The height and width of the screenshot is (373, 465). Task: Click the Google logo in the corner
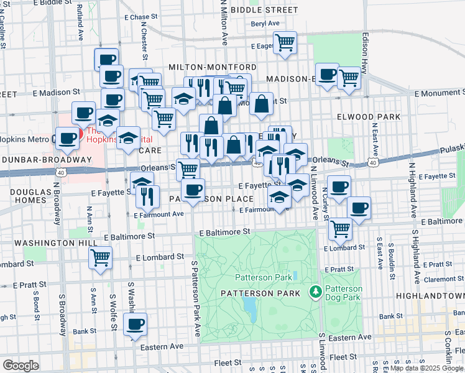point(21,366)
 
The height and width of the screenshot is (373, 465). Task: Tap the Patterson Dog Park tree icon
point(316,291)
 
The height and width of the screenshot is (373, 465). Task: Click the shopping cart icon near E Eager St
point(285,44)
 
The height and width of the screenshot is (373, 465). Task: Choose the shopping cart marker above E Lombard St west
point(100,256)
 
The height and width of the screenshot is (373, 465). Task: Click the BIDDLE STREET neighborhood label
point(264,11)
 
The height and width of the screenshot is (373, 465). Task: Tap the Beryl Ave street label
point(265,24)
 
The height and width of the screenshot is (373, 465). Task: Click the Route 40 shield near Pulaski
point(372,163)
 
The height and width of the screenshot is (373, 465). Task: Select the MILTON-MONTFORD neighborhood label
point(212,67)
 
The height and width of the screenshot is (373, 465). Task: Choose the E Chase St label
point(136,17)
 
